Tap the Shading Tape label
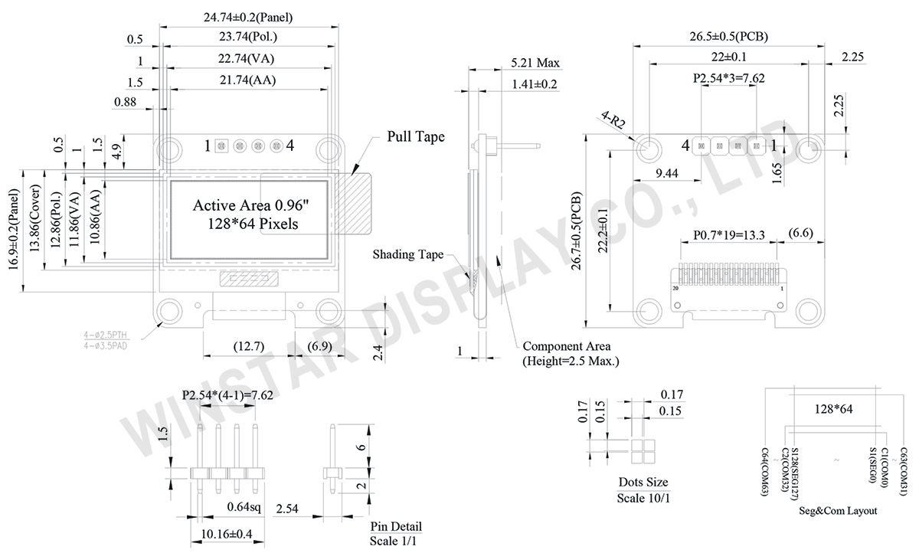(x=408, y=254)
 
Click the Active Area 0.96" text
(x=249, y=205)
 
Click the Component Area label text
(x=566, y=346)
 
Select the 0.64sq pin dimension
(x=245, y=506)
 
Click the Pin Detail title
(x=396, y=527)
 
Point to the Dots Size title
(x=643, y=483)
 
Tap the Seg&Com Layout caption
(x=838, y=511)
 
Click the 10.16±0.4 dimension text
(x=227, y=533)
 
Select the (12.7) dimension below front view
(x=248, y=346)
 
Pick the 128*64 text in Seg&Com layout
(x=832, y=410)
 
